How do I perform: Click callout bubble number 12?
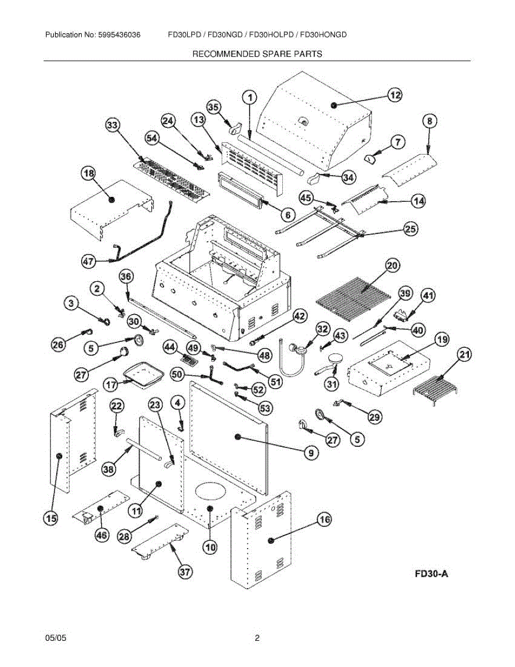tap(394, 96)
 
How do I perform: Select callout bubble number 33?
tap(112, 126)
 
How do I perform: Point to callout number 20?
tap(392, 266)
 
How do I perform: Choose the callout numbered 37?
tap(184, 571)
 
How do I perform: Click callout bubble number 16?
tap(324, 520)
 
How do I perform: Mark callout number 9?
tap(311, 454)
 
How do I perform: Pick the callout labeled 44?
tap(170, 347)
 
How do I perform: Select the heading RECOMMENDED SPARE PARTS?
tap(257, 54)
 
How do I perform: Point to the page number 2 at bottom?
tap(257, 638)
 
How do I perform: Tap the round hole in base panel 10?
tap(211, 490)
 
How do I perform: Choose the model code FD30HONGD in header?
tap(323, 35)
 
